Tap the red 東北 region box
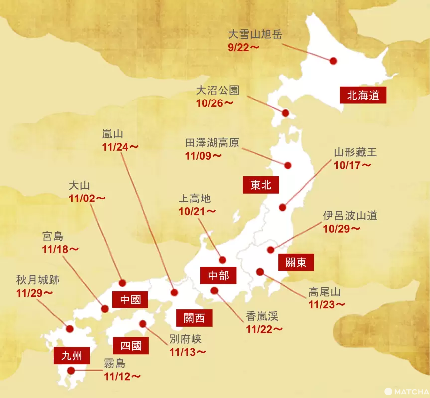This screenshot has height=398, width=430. point(261,185)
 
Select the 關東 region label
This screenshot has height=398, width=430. point(296,262)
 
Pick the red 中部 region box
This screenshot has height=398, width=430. point(218,275)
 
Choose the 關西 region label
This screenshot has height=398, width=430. point(194,317)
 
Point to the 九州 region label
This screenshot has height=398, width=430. point(72,356)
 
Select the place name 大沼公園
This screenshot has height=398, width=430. point(217,90)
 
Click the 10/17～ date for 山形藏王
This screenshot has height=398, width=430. point(353,165)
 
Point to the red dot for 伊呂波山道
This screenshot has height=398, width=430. point(271,250)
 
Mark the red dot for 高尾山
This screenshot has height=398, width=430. point(260,272)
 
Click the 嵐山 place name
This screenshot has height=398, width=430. point(112,134)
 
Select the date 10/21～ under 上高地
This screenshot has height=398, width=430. point(197,211)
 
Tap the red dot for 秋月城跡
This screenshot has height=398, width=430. point(69,328)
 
